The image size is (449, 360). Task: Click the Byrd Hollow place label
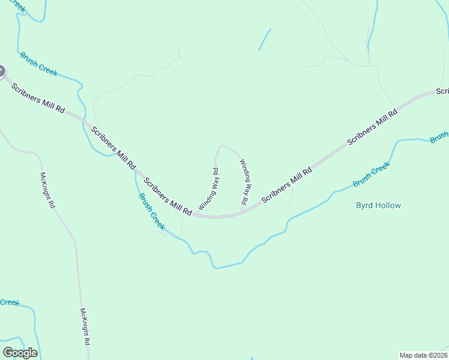(378, 205)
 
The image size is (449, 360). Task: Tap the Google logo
(20, 352)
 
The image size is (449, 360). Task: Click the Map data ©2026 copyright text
(423, 355)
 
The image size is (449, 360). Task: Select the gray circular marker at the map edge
(1, 72)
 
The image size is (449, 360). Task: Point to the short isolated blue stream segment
(265, 40)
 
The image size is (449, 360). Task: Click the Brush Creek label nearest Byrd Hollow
(371, 175)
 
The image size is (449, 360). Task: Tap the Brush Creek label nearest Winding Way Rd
(151, 211)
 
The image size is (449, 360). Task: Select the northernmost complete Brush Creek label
(38, 64)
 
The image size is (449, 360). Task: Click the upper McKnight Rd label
(47, 190)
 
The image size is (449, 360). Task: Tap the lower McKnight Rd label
(85, 326)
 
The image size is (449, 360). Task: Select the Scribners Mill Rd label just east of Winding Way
(287, 187)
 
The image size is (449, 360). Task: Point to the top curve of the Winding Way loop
(225, 146)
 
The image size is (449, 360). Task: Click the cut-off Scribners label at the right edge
(442, 91)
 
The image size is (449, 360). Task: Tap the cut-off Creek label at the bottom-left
(9, 302)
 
